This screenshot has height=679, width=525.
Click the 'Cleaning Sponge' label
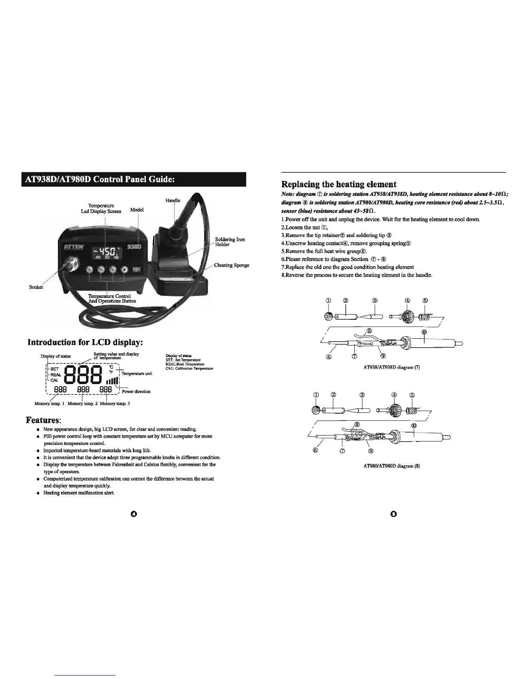point(232,265)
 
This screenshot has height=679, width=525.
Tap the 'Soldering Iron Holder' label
point(230,242)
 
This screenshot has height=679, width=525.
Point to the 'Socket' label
point(36,287)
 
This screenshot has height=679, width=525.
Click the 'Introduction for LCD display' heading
point(85,343)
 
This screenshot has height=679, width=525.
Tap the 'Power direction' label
point(136,391)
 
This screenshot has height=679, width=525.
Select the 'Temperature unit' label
point(137,374)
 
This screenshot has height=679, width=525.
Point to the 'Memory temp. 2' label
point(82,403)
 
